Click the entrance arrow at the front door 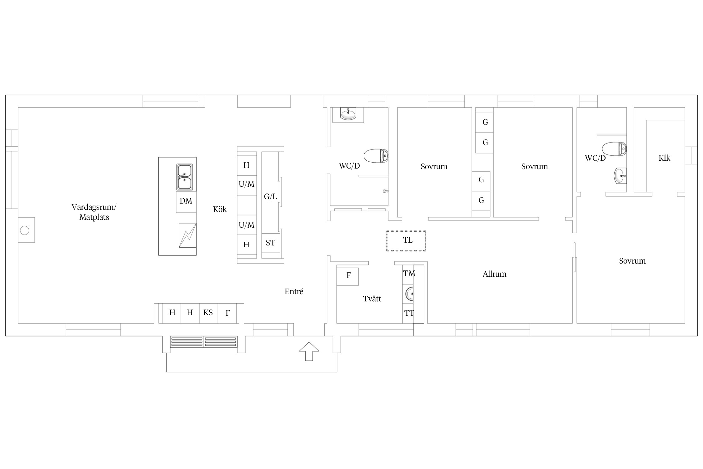309,351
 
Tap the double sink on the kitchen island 184,177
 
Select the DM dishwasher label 186,201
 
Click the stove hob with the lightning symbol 187,235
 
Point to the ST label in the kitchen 271,243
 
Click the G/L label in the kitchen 271,197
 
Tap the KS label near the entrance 208,312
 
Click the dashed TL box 406,241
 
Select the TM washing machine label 409,274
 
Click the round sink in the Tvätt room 410,294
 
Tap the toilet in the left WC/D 376,156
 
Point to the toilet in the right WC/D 614,149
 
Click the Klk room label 664,158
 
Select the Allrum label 494,274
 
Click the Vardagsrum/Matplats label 94,212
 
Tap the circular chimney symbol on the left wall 24,231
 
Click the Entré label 294,291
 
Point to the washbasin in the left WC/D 348,114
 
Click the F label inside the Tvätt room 349,275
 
